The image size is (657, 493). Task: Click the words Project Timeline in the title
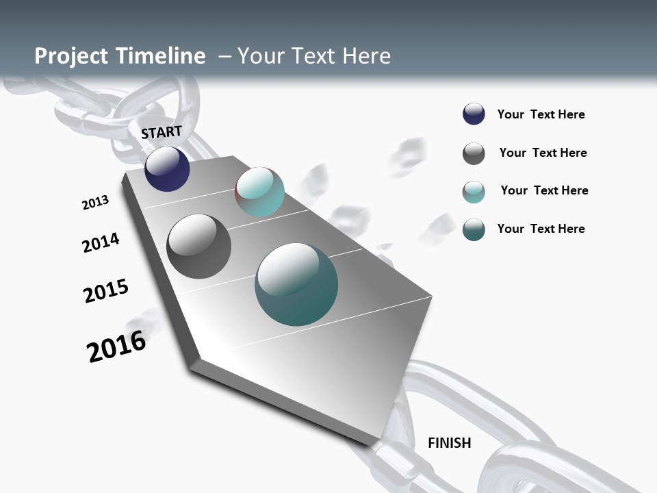click(120, 56)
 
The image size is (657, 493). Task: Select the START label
click(162, 132)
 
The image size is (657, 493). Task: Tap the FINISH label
click(449, 443)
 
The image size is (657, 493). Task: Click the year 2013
click(95, 203)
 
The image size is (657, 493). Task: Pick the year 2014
click(101, 242)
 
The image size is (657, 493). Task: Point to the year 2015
click(106, 291)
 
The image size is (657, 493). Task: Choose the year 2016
click(116, 346)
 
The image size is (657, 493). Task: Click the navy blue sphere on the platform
click(167, 169)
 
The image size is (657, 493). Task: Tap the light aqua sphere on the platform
click(259, 192)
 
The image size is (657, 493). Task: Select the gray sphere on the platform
click(198, 246)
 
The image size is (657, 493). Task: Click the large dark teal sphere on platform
click(296, 284)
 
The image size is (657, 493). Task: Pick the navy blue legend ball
click(474, 114)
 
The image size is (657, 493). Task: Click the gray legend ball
click(474, 153)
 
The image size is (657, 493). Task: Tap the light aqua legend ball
click(474, 192)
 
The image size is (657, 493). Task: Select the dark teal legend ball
click(474, 229)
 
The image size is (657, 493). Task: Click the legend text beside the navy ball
click(541, 115)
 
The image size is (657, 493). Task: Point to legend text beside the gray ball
click(543, 153)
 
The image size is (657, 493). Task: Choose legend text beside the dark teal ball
click(541, 229)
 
